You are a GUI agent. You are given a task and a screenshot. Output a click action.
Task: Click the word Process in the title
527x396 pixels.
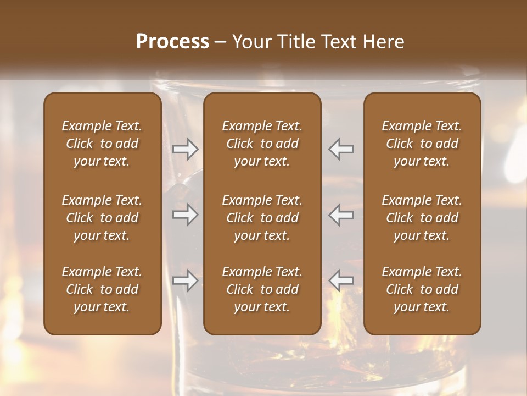click(x=172, y=42)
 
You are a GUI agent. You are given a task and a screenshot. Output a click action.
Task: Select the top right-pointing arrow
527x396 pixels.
click(x=185, y=149)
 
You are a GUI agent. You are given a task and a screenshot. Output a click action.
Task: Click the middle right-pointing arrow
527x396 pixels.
click(x=185, y=215)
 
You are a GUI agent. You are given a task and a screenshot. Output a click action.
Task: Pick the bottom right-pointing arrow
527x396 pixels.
click(x=185, y=281)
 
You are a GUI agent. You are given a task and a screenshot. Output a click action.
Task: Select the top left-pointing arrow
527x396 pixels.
click(x=341, y=149)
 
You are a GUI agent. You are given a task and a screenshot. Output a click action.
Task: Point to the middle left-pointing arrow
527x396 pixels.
click(x=341, y=215)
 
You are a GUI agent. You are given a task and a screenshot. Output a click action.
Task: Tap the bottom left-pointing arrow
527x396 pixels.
click(x=341, y=281)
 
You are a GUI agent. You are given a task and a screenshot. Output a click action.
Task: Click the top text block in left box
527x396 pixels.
click(x=102, y=144)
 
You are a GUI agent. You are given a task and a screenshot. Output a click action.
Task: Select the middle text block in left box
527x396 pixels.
click(x=102, y=218)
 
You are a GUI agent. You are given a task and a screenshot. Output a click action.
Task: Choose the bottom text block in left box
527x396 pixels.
click(x=102, y=289)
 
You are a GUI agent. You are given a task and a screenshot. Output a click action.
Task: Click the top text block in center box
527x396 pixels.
click(x=262, y=144)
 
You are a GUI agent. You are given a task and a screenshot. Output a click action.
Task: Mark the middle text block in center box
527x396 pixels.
click(x=262, y=218)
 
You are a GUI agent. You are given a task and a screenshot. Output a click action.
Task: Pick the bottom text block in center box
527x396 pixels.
click(x=262, y=289)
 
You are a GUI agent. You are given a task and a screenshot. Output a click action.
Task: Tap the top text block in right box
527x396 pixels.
click(x=422, y=144)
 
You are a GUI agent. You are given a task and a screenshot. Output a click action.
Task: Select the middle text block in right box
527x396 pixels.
click(x=422, y=218)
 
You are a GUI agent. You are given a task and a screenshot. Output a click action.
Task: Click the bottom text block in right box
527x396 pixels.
click(x=422, y=289)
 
